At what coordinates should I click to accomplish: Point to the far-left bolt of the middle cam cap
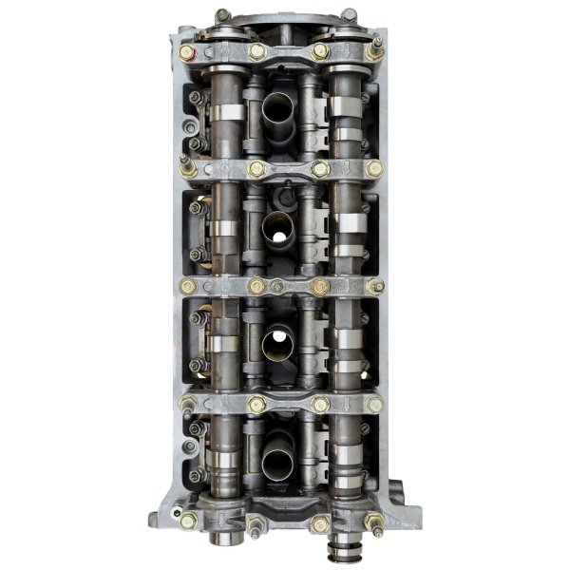[x=188, y=285]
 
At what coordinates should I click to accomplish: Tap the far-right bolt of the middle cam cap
[x=375, y=285]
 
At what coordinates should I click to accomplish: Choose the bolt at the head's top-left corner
[x=221, y=15]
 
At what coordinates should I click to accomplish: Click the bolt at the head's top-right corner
[x=349, y=14]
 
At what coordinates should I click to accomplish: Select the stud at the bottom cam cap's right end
[x=376, y=522]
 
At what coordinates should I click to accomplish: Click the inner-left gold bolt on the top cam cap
[x=257, y=51]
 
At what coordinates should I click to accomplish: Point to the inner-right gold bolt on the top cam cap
[x=321, y=51]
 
